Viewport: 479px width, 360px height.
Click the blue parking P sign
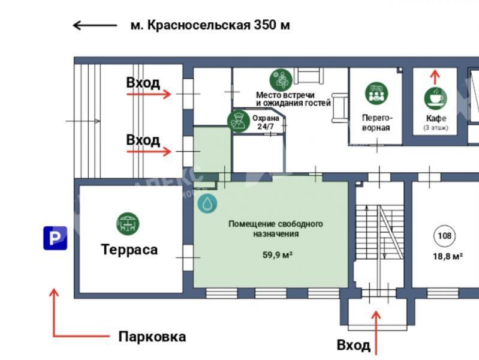pos(55,238)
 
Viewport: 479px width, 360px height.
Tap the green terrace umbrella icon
pos(128,224)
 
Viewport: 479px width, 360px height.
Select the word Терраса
pos(129,250)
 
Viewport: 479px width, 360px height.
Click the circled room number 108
pos(444,236)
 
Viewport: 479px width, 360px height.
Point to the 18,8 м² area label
pos(448,256)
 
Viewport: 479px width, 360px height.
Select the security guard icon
pos(239,121)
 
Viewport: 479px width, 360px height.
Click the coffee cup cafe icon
pos(435,98)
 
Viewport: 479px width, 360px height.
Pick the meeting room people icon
pos(376,93)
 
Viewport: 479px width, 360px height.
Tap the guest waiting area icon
pos(281,80)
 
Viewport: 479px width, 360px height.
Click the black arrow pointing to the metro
pos(95,25)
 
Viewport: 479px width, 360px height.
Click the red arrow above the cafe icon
pos(435,77)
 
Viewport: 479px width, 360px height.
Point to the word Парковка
pos(152,337)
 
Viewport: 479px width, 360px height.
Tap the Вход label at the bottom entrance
pos(354,346)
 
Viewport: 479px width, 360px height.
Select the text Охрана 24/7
pos(266,122)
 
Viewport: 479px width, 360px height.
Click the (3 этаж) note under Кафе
pos(436,128)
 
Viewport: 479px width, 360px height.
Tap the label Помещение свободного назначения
pos(276,229)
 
